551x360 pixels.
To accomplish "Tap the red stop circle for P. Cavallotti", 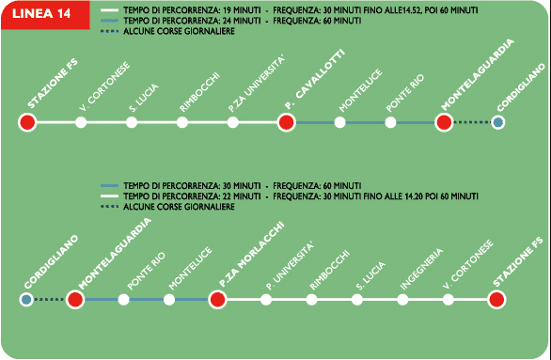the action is [x=286, y=122].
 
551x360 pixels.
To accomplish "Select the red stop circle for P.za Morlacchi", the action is [x=217, y=300].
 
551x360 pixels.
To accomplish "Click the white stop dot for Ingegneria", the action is [x=402, y=300].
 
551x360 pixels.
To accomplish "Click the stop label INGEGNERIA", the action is [x=421, y=270].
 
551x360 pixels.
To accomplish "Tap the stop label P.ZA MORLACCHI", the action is [x=251, y=255].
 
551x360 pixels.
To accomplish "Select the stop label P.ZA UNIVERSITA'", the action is [x=256, y=85].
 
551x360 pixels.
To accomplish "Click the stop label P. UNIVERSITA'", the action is [x=290, y=267].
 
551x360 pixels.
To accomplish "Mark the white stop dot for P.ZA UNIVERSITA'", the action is [x=232, y=122].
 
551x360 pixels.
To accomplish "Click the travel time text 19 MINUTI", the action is [x=242, y=10].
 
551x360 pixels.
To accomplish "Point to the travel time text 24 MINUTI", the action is [x=242, y=21].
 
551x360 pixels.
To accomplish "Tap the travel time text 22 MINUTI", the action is [x=242, y=196].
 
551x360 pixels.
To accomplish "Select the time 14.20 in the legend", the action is [x=413, y=196].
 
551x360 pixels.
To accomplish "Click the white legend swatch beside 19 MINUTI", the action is [x=109, y=10].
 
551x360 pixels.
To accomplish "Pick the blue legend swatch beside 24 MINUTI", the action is [x=109, y=21].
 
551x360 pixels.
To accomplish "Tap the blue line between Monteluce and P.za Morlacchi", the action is [x=192, y=300].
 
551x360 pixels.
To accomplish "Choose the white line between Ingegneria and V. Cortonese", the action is [x=425, y=300].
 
